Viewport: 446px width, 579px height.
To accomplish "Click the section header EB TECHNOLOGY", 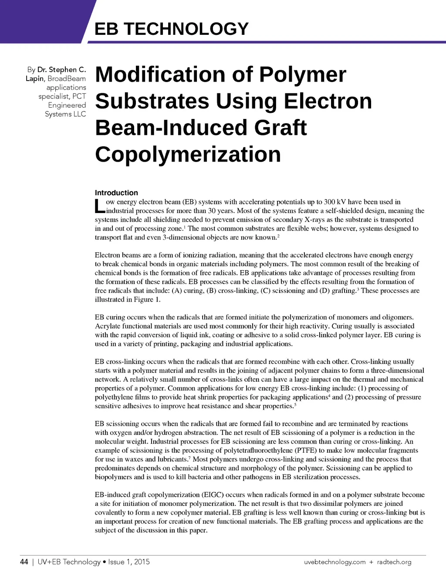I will [x=172, y=29].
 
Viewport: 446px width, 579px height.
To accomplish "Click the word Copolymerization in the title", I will [x=188, y=154].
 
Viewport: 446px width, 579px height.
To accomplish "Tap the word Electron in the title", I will [x=328, y=101].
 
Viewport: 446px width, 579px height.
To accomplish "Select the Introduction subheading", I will [x=116, y=193].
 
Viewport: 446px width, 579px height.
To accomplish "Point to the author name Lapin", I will [x=34, y=78].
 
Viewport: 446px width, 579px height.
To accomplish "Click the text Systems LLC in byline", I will [x=65, y=114].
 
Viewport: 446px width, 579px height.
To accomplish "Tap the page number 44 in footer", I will [x=24, y=562].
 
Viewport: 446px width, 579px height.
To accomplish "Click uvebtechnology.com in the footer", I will [x=334, y=562].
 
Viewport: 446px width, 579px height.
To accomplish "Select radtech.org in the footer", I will [x=394, y=562].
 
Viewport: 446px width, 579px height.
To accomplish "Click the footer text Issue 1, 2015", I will [x=129, y=562].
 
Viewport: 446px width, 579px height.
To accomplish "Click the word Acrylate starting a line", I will [x=108, y=326].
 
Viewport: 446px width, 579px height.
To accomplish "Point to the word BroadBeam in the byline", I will [x=67, y=78].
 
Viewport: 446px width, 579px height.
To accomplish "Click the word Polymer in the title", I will [x=303, y=74].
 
